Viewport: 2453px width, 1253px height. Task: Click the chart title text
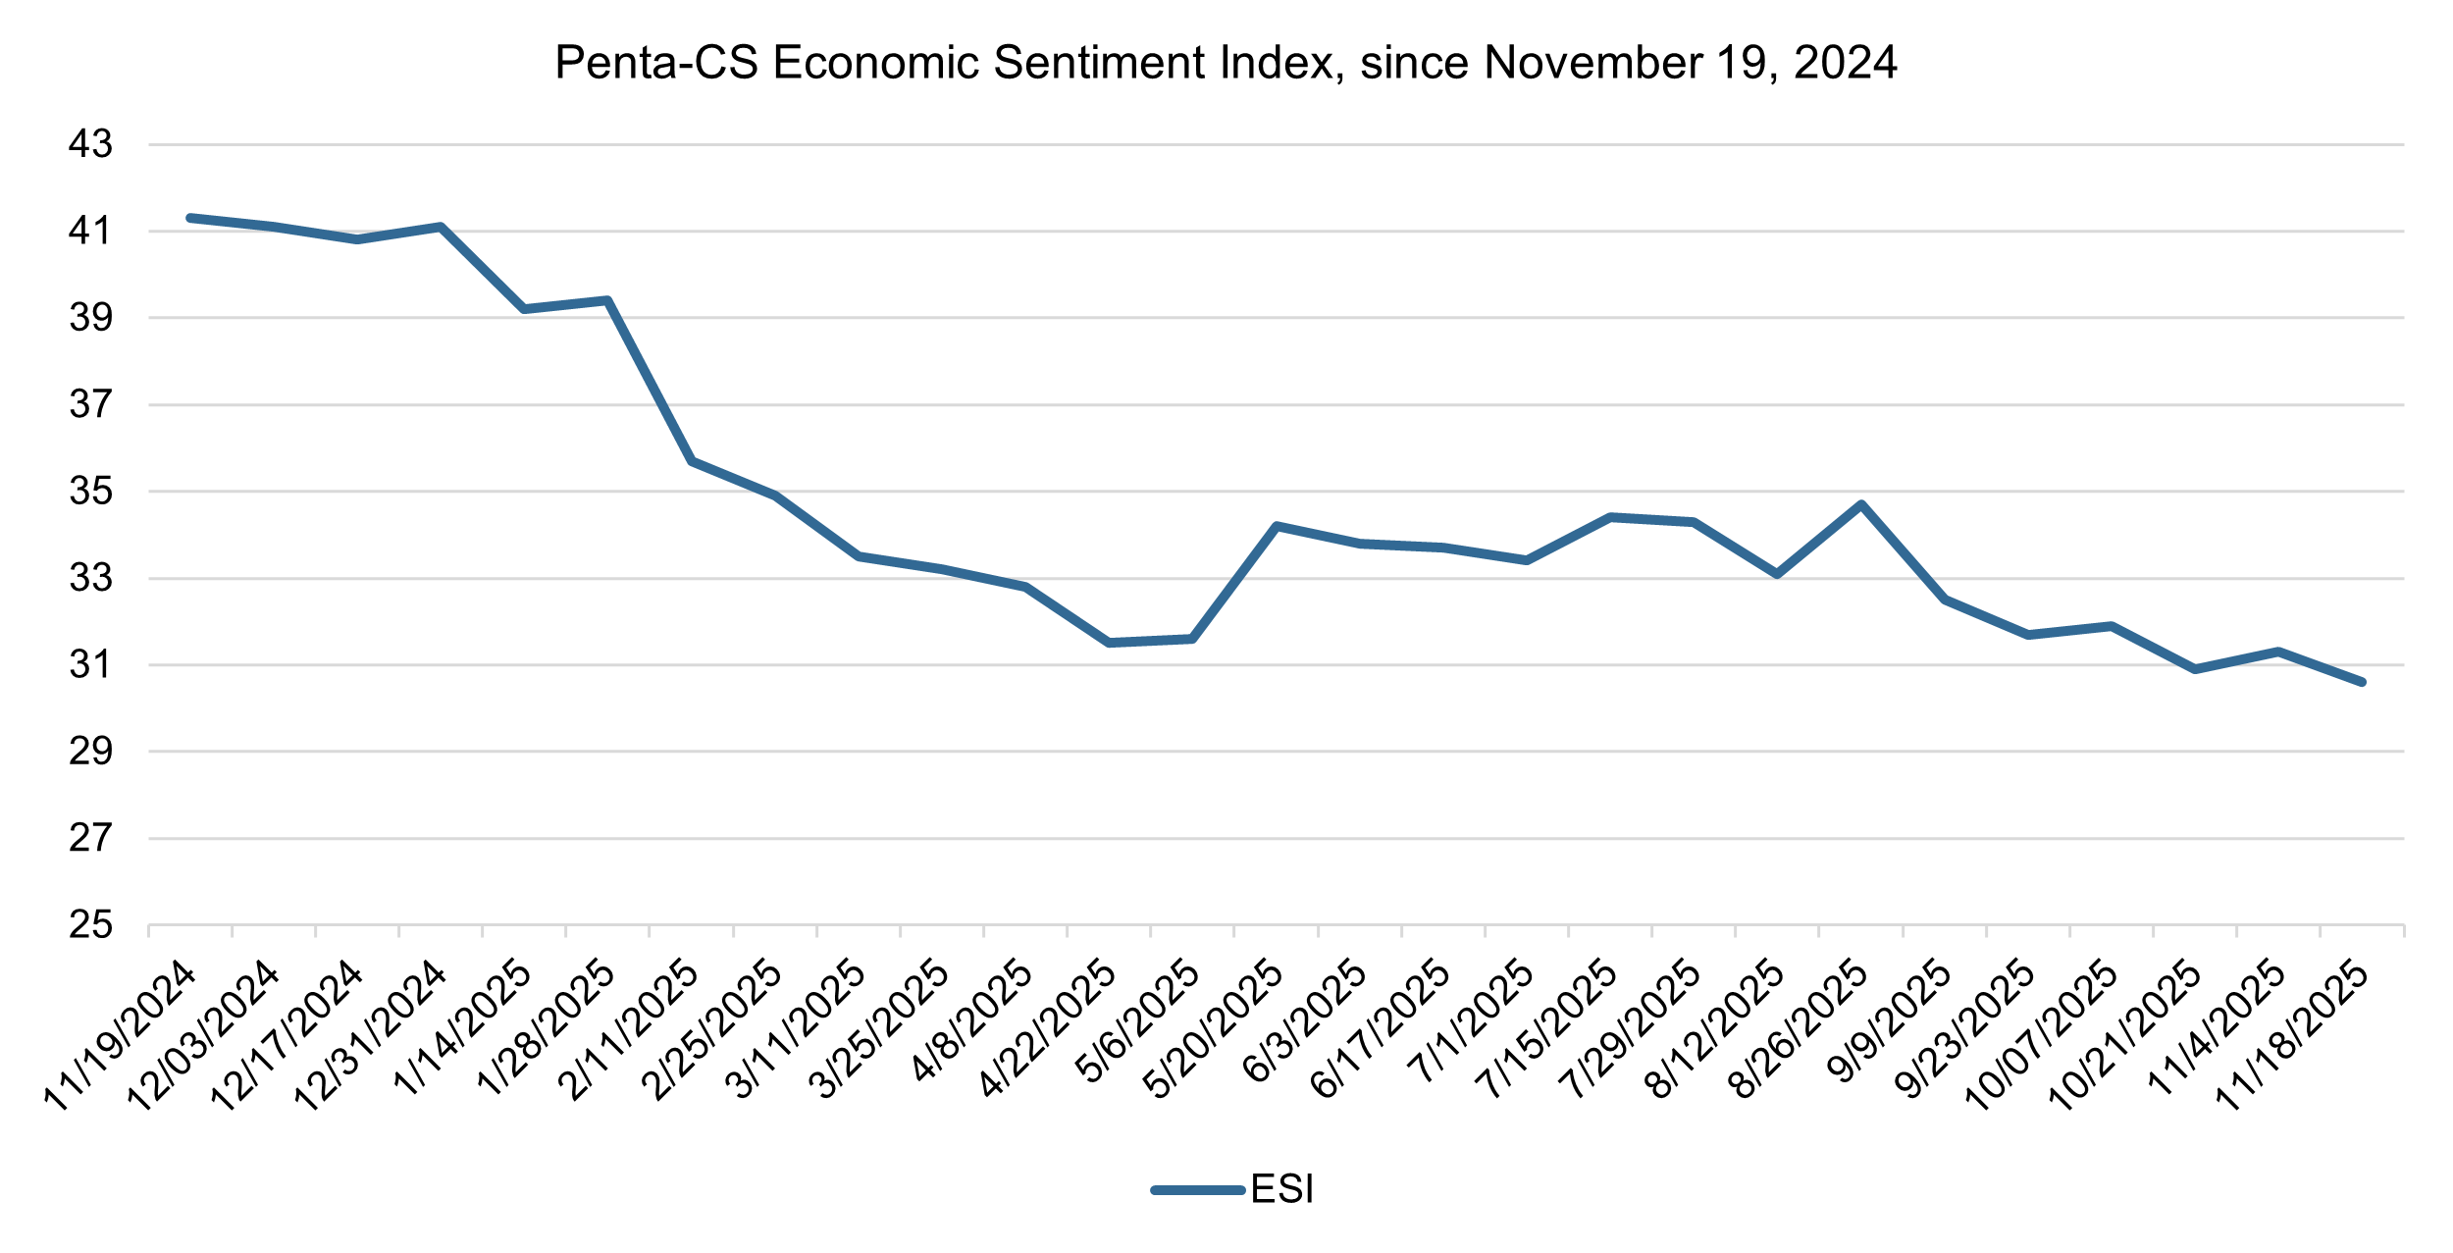(x=1226, y=63)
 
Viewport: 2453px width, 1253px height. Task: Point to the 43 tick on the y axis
(x=90, y=145)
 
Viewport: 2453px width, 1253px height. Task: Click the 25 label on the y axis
(x=90, y=924)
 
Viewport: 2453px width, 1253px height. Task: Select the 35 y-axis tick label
(x=90, y=491)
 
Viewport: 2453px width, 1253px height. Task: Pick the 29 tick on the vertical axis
(x=90, y=752)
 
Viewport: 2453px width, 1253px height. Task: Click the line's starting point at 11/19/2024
(x=190, y=218)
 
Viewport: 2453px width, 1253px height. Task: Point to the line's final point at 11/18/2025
(x=2362, y=682)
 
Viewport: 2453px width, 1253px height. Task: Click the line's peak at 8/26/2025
(x=1861, y=504)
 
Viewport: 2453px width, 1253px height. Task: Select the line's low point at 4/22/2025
(x=1109, y=643)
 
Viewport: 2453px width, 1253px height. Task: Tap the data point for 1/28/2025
(x=608, y=300)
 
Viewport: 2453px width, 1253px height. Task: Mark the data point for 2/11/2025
(x=692, y=461)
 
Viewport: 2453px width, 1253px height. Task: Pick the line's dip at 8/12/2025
(x=1777, y=574)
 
